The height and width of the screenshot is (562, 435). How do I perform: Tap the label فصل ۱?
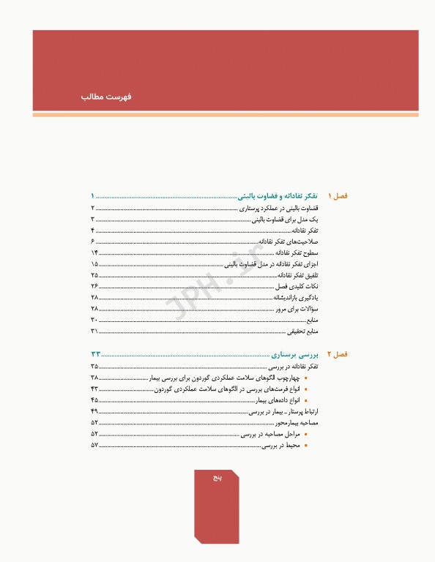click(338, 196)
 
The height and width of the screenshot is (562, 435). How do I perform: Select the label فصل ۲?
click(338, 353)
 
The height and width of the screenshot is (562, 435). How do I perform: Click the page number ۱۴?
click(94, 252)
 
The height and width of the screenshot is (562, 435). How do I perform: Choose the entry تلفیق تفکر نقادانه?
click(299, 274)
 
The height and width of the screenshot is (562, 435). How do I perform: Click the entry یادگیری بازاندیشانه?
click(297, 297)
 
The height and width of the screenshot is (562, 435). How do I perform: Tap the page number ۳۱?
click(94, 331)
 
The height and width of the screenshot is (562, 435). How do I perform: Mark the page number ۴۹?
click(94, 411)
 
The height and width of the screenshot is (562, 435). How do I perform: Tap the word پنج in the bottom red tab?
click(216, 477)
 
